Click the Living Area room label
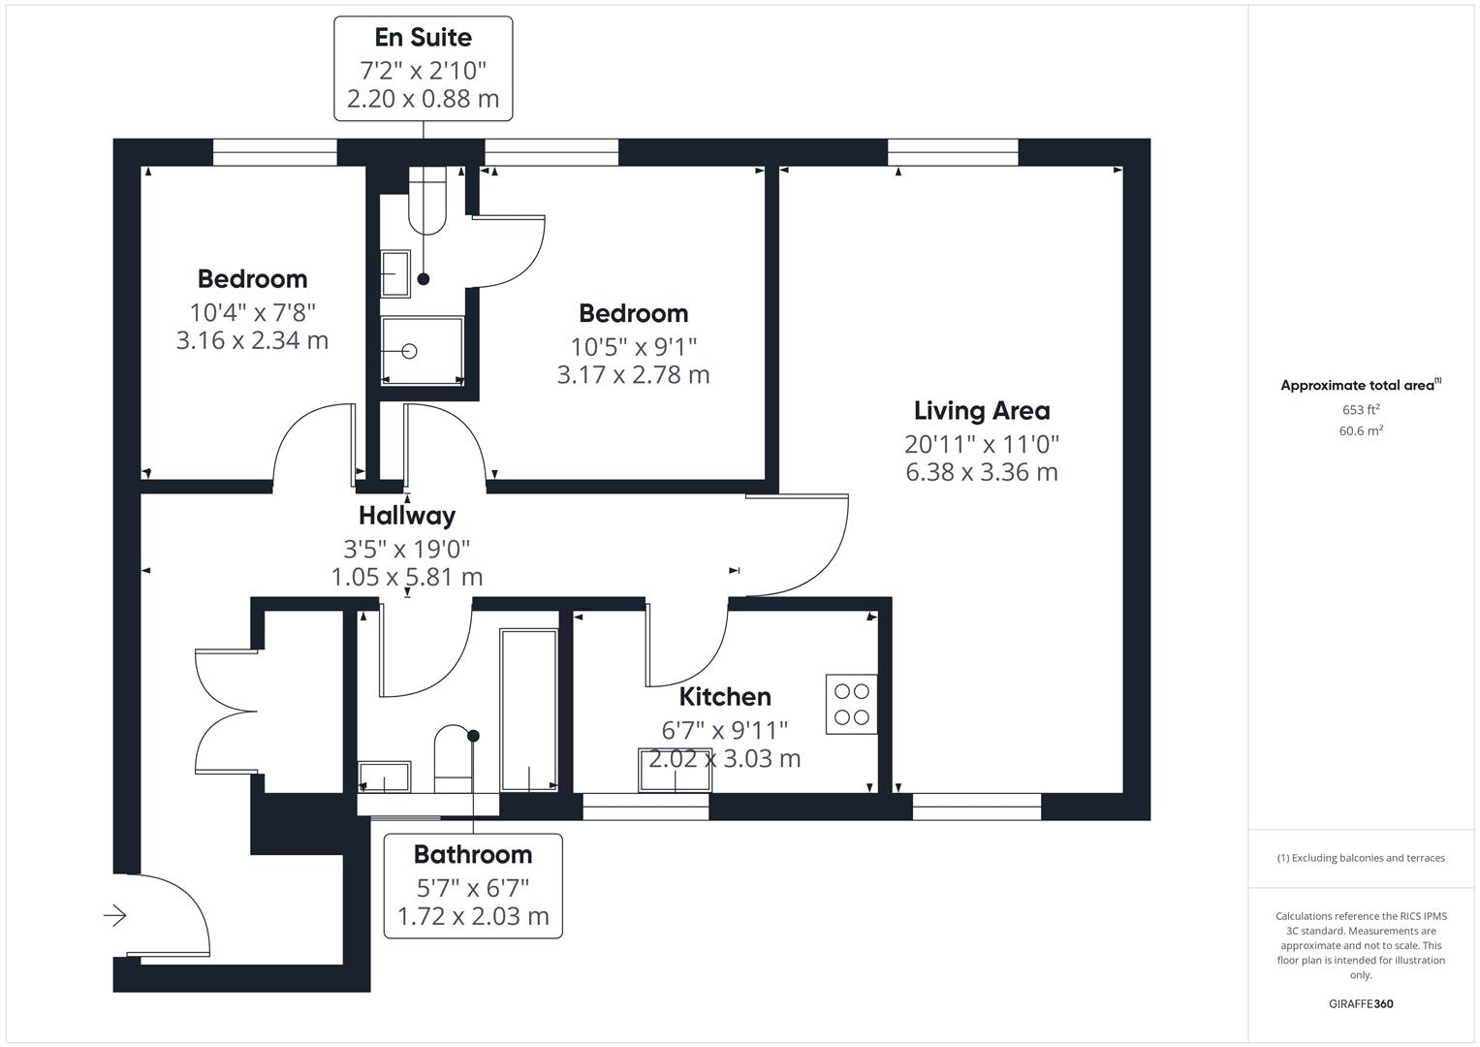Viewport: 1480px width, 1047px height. pos(981,411)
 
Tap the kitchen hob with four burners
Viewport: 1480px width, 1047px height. pos(851,704)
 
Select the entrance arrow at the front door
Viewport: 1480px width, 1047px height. pos(115,914)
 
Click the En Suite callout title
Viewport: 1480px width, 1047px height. pos(423,38)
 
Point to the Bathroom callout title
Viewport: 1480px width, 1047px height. pos(472,854)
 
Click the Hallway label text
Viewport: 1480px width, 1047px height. pos(406,516)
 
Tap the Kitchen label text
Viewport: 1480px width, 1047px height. pos(724,697)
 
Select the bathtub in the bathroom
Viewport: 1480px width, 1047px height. pos(528,710)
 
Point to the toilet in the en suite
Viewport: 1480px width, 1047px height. pos(426,201)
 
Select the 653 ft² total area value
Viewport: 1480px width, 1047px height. pos(1360,409)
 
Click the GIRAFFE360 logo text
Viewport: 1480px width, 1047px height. pos(1360,1003)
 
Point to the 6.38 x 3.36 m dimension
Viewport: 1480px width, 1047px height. pos(981,473)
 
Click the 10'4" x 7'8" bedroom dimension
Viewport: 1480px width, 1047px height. pos(252,312)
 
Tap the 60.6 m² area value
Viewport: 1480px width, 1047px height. pos(1360,430)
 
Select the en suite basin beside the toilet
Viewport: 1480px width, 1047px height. pos(395,273)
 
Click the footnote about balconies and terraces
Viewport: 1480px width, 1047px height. pos(1360,858)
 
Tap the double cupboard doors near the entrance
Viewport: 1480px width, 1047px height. pos(228,711)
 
